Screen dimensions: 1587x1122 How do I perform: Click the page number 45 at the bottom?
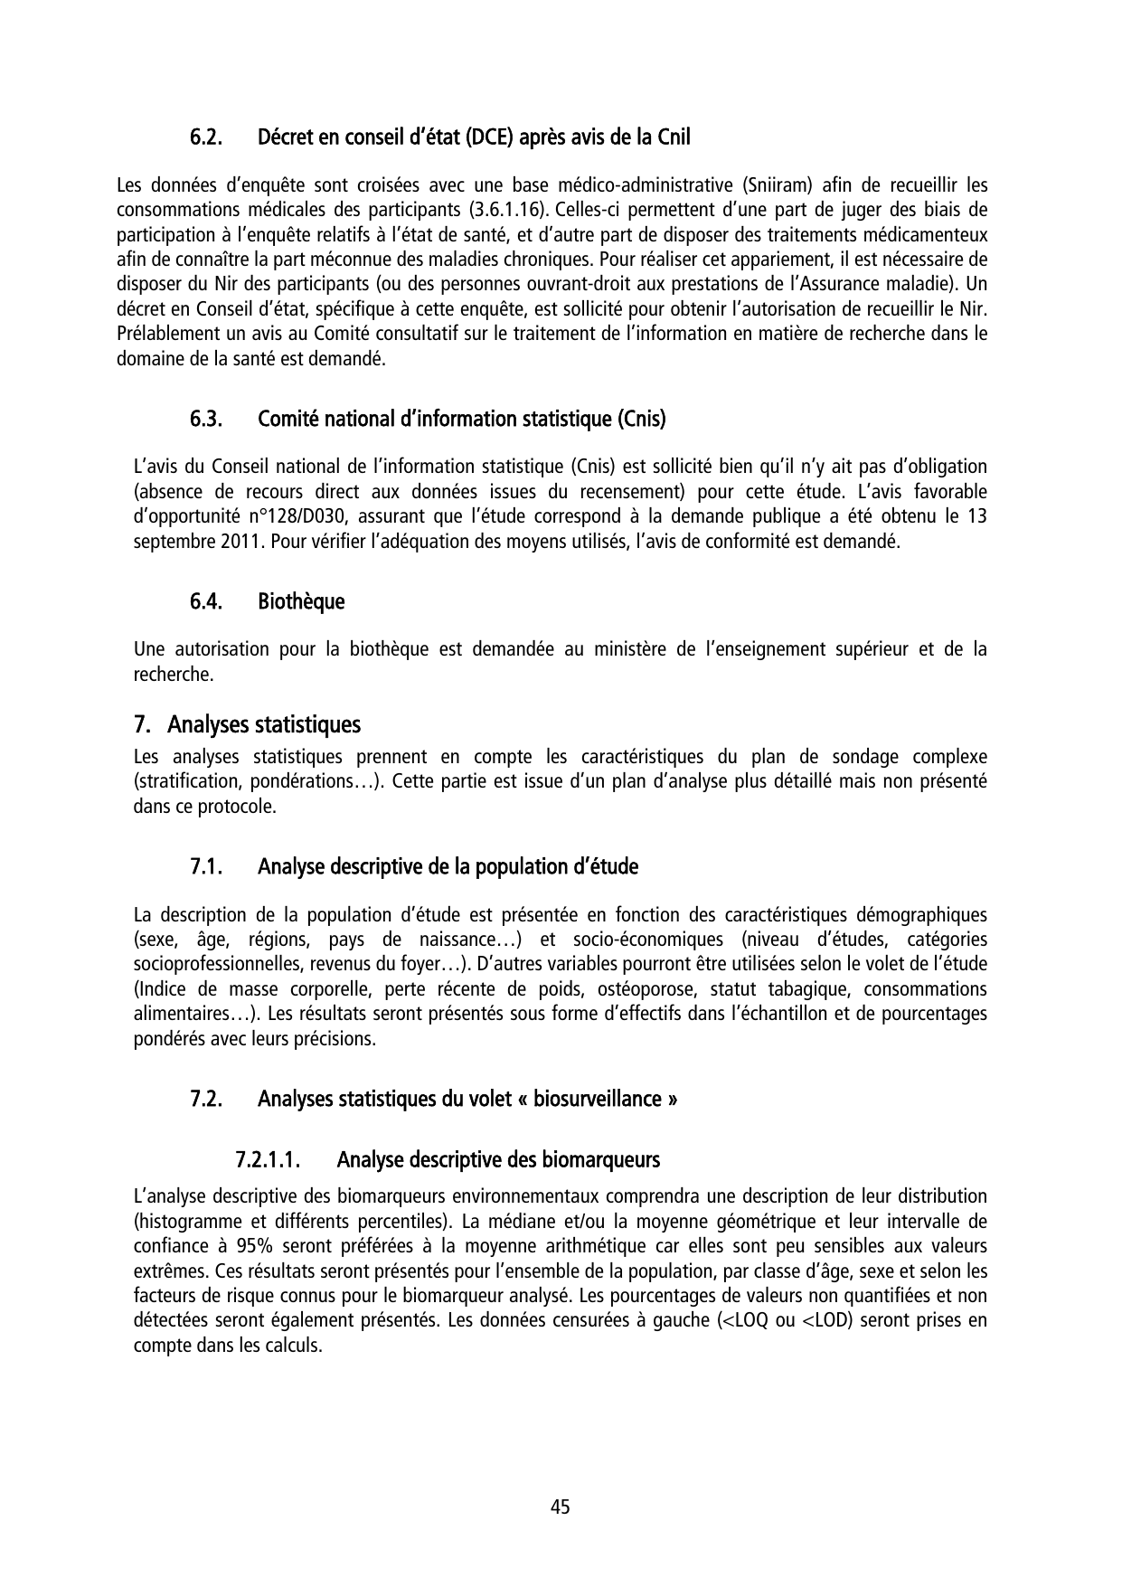tap(561, 1507)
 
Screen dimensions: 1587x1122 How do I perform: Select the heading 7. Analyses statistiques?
tap(247, 725)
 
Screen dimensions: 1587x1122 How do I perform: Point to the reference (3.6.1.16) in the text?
tap(506, 211)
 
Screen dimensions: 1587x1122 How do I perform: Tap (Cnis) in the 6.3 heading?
tap(642, 420)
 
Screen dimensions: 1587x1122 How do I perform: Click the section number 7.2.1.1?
tap(268, 1159)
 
